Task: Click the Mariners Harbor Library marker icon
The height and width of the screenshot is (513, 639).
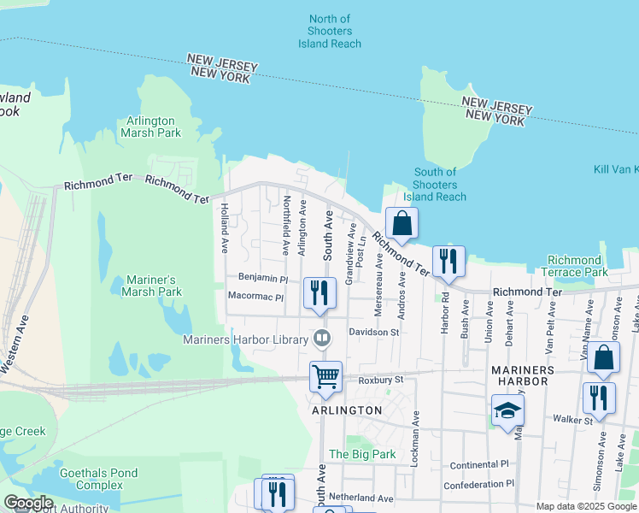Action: point(321,337)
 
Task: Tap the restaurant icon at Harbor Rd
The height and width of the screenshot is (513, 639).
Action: point(448,260)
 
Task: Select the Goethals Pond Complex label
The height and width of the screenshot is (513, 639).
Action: point(98,478)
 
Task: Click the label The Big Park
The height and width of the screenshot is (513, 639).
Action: point(363,454)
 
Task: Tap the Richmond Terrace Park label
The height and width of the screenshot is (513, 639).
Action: point(574,266)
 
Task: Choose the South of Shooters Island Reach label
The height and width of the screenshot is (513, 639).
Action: point(435,184)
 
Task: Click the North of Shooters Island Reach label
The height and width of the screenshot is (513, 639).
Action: point(329,31)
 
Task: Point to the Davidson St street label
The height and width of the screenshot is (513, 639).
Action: point(373,332)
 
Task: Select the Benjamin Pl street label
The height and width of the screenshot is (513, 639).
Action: point(263,279)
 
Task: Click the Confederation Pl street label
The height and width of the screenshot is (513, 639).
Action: point(478,484)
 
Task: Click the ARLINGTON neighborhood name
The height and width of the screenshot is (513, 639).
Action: point(347,410)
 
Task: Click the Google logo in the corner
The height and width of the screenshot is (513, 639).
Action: point(28,503)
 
